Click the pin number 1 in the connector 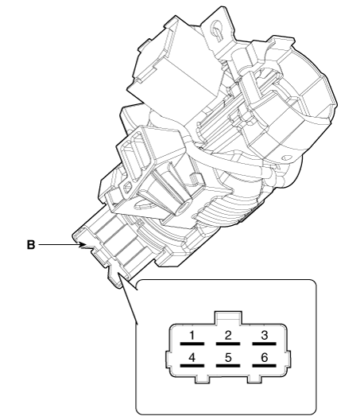pos(192,335)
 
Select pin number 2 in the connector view pos(228,335)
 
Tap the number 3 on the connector pos(264,335)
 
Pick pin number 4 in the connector pos(192,358)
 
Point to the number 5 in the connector pos(228,358)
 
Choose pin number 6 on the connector pos(264,358)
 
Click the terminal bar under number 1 pos(192,344)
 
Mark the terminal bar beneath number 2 pos(228,344)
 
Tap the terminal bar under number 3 pos(264,344)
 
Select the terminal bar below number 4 pos(192,366)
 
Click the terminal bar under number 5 pos(228,366)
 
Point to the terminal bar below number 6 pos(264,366)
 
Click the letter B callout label pos(31,245)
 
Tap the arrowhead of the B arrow pos(83,245)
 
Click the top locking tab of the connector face pos(228,318)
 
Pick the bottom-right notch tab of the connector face pos(254,379)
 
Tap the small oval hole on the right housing pos(286,158)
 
